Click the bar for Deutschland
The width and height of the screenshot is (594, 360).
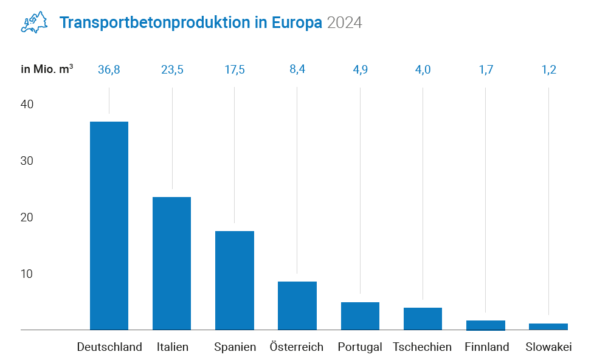[x=109, y=226]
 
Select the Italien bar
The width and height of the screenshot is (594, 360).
[x=171, y=263]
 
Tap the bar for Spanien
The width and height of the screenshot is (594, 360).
[x=235, y=280]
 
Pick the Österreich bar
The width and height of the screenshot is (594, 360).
[x=297, y=305]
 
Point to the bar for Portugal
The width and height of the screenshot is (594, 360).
[x=360, y=316]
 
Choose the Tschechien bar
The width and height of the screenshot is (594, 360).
[x=423, y=319]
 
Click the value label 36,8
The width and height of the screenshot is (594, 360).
[x=109, y=69]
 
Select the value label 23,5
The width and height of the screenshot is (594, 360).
[x=172, y=69]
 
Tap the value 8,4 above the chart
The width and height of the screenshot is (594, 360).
[x=297, y=69]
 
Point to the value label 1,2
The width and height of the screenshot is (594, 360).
[x=548, y=69]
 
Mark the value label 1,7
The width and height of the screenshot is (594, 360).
[x=486, y=69]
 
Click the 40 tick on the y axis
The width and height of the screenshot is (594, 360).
[x=27, y=105]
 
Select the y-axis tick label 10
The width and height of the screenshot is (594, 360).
[x=27, y=274]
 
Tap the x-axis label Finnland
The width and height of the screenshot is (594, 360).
[x=486, y=347]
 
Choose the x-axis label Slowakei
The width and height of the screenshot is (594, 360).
[x=548, y=347]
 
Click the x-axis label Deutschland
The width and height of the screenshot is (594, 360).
[x=109, y=347]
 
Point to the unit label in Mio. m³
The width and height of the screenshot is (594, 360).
[x=47, y=69]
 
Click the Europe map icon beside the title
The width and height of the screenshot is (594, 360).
[x=35, y=22]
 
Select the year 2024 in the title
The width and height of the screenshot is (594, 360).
[x=344, y=23]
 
